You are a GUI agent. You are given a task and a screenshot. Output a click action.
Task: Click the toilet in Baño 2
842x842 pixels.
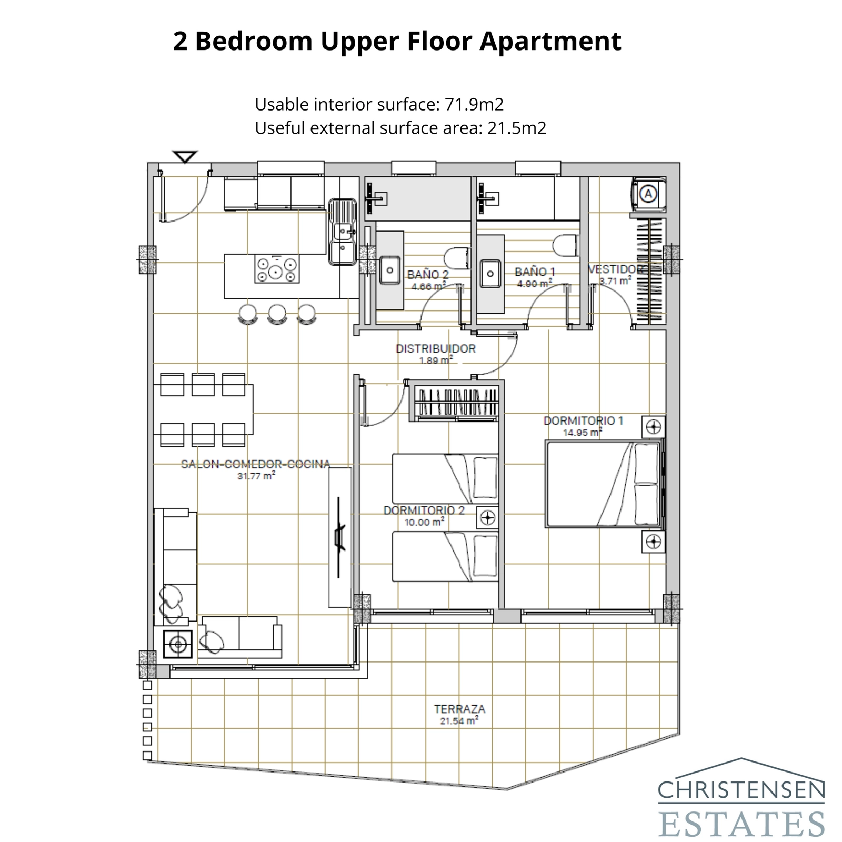pyautogui.click(x=456, y=258)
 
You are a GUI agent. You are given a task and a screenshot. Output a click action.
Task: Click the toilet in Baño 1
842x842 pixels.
pyautogui.click(x=565, y=246)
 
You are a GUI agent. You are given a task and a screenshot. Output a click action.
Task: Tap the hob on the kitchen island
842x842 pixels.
pyautogui.click(x=276, y=269)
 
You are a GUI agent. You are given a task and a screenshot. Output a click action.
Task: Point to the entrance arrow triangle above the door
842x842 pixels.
pyautogui.click(x=185, y=157)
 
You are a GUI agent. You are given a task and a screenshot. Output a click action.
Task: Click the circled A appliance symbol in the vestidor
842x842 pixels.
pyautogui.click(x=648, y=194)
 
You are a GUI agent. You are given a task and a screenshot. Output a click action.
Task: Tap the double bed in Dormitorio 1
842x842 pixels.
pyautogui.click(x=603, y=484)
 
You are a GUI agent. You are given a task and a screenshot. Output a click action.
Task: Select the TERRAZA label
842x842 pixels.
pyautogui.click(x=459, y=709)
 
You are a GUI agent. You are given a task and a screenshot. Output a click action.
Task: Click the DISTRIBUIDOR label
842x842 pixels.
pyautogui.click(x=435, y=348)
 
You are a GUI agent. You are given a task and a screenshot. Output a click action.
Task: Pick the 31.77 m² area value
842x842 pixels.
pyautogui.click(x=256, y=476)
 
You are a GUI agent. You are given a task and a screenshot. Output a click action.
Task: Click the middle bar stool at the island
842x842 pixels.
pyautogui.click(x=277, y=314)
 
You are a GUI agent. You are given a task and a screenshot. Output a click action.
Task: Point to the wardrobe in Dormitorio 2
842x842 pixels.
pyautogui.click(x=455, y=403)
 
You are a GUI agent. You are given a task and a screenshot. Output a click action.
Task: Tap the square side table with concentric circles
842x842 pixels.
pyautogui.click(x=177, y=644)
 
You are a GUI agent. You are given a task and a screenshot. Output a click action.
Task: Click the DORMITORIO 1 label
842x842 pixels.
pyautogui.click(x=583, y=420)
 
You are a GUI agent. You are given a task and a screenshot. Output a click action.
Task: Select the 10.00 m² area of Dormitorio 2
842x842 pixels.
pyautogui.click(x=424, y=522)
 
